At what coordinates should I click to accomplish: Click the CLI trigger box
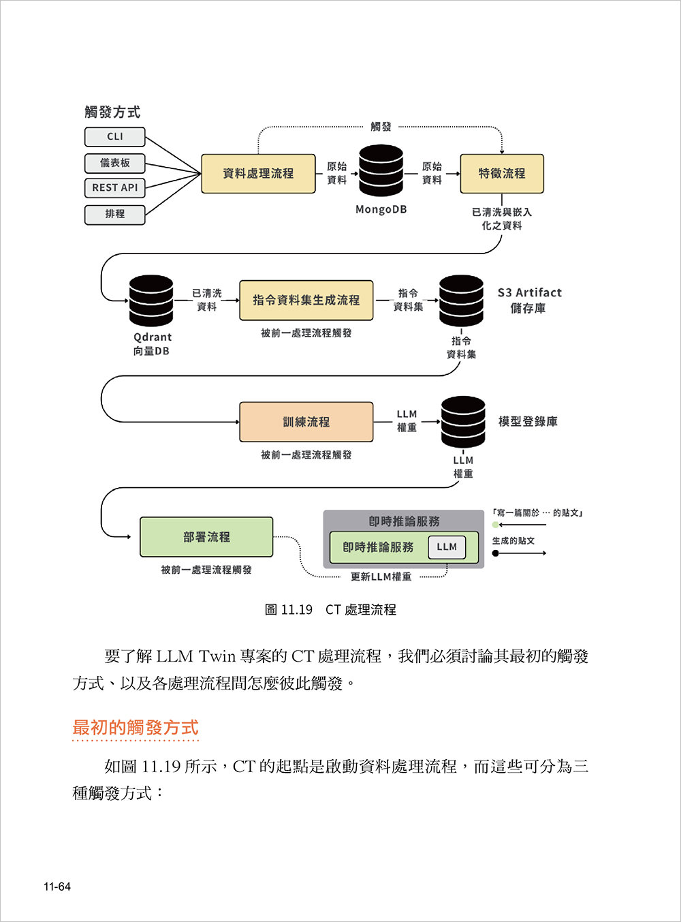114,137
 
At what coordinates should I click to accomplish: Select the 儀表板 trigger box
114,164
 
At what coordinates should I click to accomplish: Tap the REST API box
114,188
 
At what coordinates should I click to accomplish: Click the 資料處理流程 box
258,174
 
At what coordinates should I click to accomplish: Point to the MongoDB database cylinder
381,171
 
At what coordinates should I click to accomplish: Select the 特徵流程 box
502,174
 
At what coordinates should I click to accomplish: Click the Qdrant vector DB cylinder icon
151,301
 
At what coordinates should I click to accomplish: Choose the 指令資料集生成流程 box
306,301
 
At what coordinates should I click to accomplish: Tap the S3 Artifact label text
529,293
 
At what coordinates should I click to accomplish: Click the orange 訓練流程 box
306,422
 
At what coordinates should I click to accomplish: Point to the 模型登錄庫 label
528,422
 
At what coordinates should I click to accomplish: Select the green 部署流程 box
206,537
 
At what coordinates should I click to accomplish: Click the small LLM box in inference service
447,547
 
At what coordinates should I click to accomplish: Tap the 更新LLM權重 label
381,577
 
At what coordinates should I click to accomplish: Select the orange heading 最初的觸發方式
136,728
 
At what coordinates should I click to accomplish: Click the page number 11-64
57,887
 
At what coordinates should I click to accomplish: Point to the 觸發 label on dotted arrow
381,127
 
